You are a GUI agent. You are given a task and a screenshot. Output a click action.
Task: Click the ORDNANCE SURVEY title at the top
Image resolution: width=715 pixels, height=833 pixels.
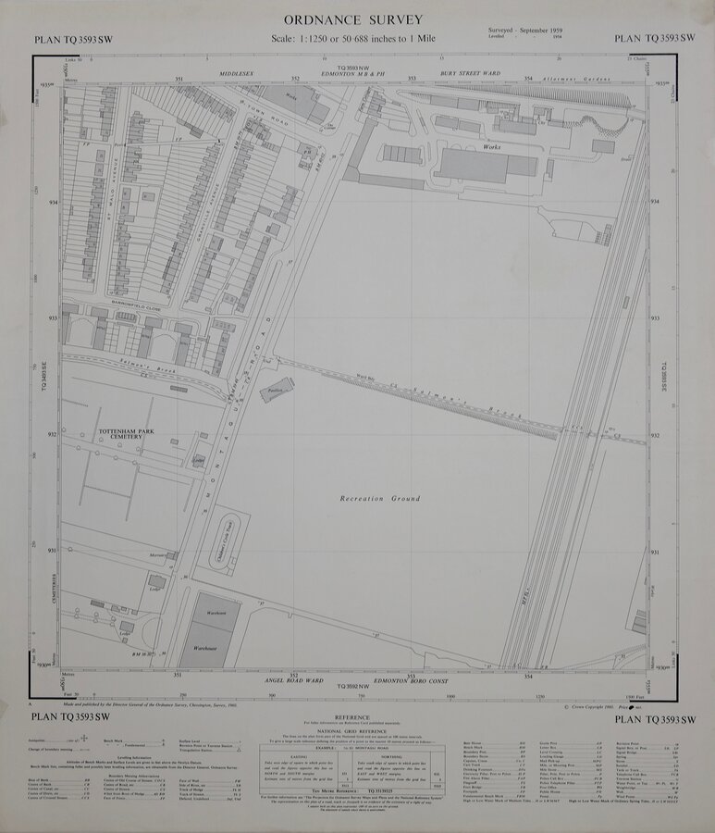[x=353, y=19]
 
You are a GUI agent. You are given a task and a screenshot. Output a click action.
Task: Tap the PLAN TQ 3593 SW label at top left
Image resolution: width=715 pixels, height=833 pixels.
[x=72, y=39]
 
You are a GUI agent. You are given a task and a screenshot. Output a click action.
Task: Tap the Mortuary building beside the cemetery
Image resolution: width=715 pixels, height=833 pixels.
[x=160, y=554]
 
